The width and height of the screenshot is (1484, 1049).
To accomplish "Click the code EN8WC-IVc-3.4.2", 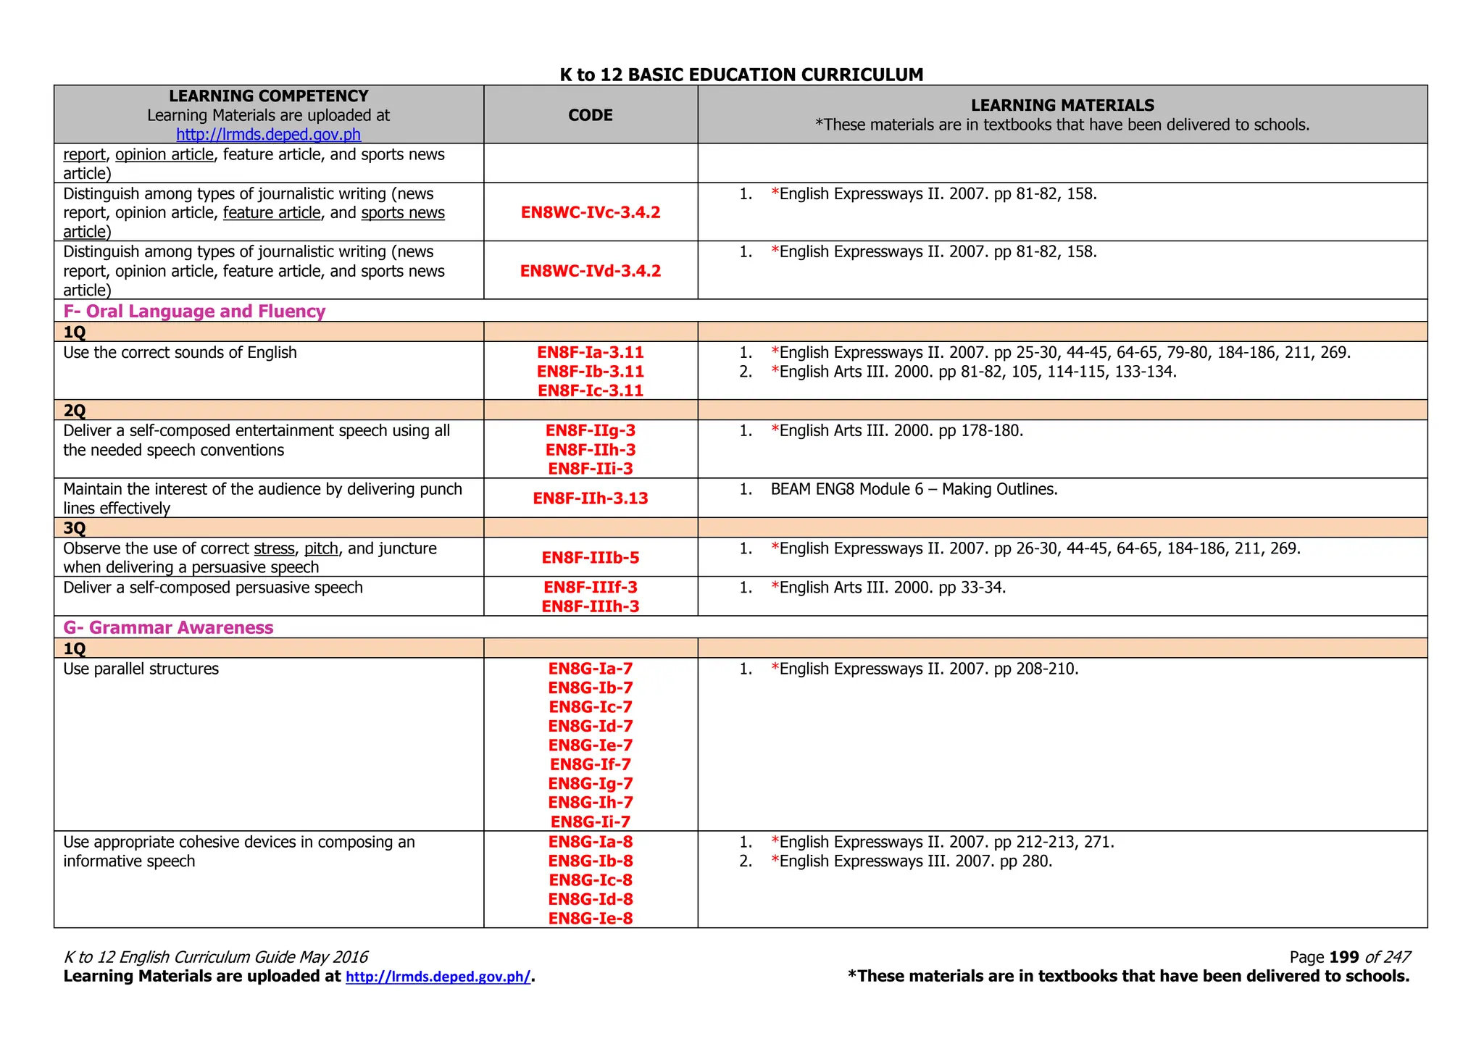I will tap(591, 212).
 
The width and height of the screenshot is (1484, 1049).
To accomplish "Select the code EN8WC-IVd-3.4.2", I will tap(591, 271).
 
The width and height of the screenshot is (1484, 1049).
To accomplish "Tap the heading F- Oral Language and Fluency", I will tap(194, 311).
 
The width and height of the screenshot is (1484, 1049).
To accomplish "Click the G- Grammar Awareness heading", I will tap(168, 627).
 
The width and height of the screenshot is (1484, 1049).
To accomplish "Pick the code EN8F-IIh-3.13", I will tap(591, 498).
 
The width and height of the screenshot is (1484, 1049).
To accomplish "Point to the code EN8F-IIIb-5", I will tap(591, 558).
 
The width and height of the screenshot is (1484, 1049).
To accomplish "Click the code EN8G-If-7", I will tap(591, 764).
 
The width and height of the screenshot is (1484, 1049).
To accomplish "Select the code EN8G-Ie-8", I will tap(591, 919).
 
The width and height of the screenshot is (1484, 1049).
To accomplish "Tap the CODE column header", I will tap(591, 115).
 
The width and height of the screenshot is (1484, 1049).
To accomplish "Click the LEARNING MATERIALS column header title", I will tap(1062, 106).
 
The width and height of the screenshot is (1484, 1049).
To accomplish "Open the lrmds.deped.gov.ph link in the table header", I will tap(268, 135).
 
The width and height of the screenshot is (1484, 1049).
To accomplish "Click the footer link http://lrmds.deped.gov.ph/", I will tap(438, 977).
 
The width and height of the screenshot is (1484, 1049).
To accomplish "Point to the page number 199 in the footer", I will tap(1344, 957).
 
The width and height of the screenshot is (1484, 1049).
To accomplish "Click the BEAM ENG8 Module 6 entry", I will tap(914, 490).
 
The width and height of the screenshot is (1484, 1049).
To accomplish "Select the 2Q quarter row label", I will tap(75, 411).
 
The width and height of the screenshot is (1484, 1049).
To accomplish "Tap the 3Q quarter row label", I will tap(75, 528).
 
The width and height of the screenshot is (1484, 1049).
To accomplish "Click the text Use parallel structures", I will tap(141, 669).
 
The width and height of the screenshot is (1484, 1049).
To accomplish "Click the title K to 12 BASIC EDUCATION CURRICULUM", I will tap(741, 75).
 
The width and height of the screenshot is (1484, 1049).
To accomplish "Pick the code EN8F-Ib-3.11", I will tap(591, 372).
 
